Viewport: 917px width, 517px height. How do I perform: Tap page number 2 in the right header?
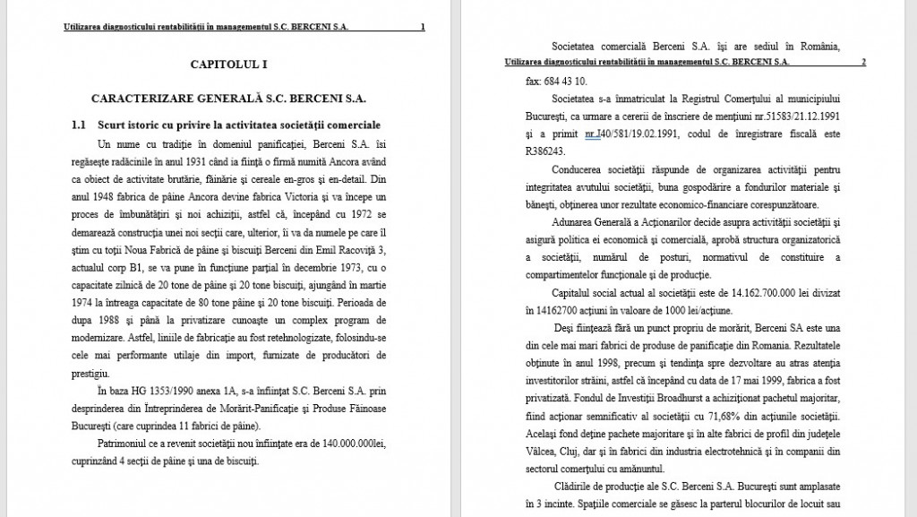(862, 63)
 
